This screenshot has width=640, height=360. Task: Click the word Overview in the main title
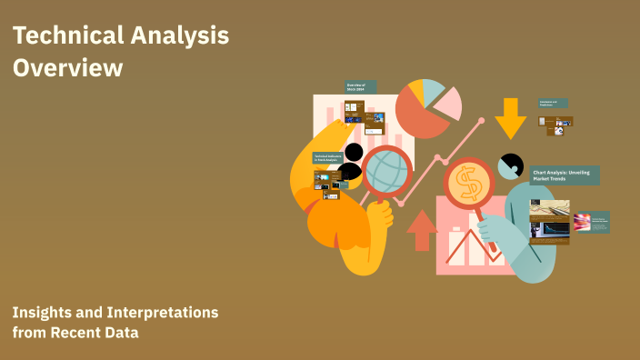coord(67,67)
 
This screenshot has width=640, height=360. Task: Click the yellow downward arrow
coord(510,117)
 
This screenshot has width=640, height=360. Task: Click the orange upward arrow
coord(422,229)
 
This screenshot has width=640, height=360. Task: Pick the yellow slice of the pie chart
coord(416,90)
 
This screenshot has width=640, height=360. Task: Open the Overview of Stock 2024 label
coord(361,87)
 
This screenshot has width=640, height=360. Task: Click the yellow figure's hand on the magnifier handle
coord(380,215)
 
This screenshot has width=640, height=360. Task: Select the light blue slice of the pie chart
coord(434,89)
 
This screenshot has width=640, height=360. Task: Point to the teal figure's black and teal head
coord(510,166)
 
